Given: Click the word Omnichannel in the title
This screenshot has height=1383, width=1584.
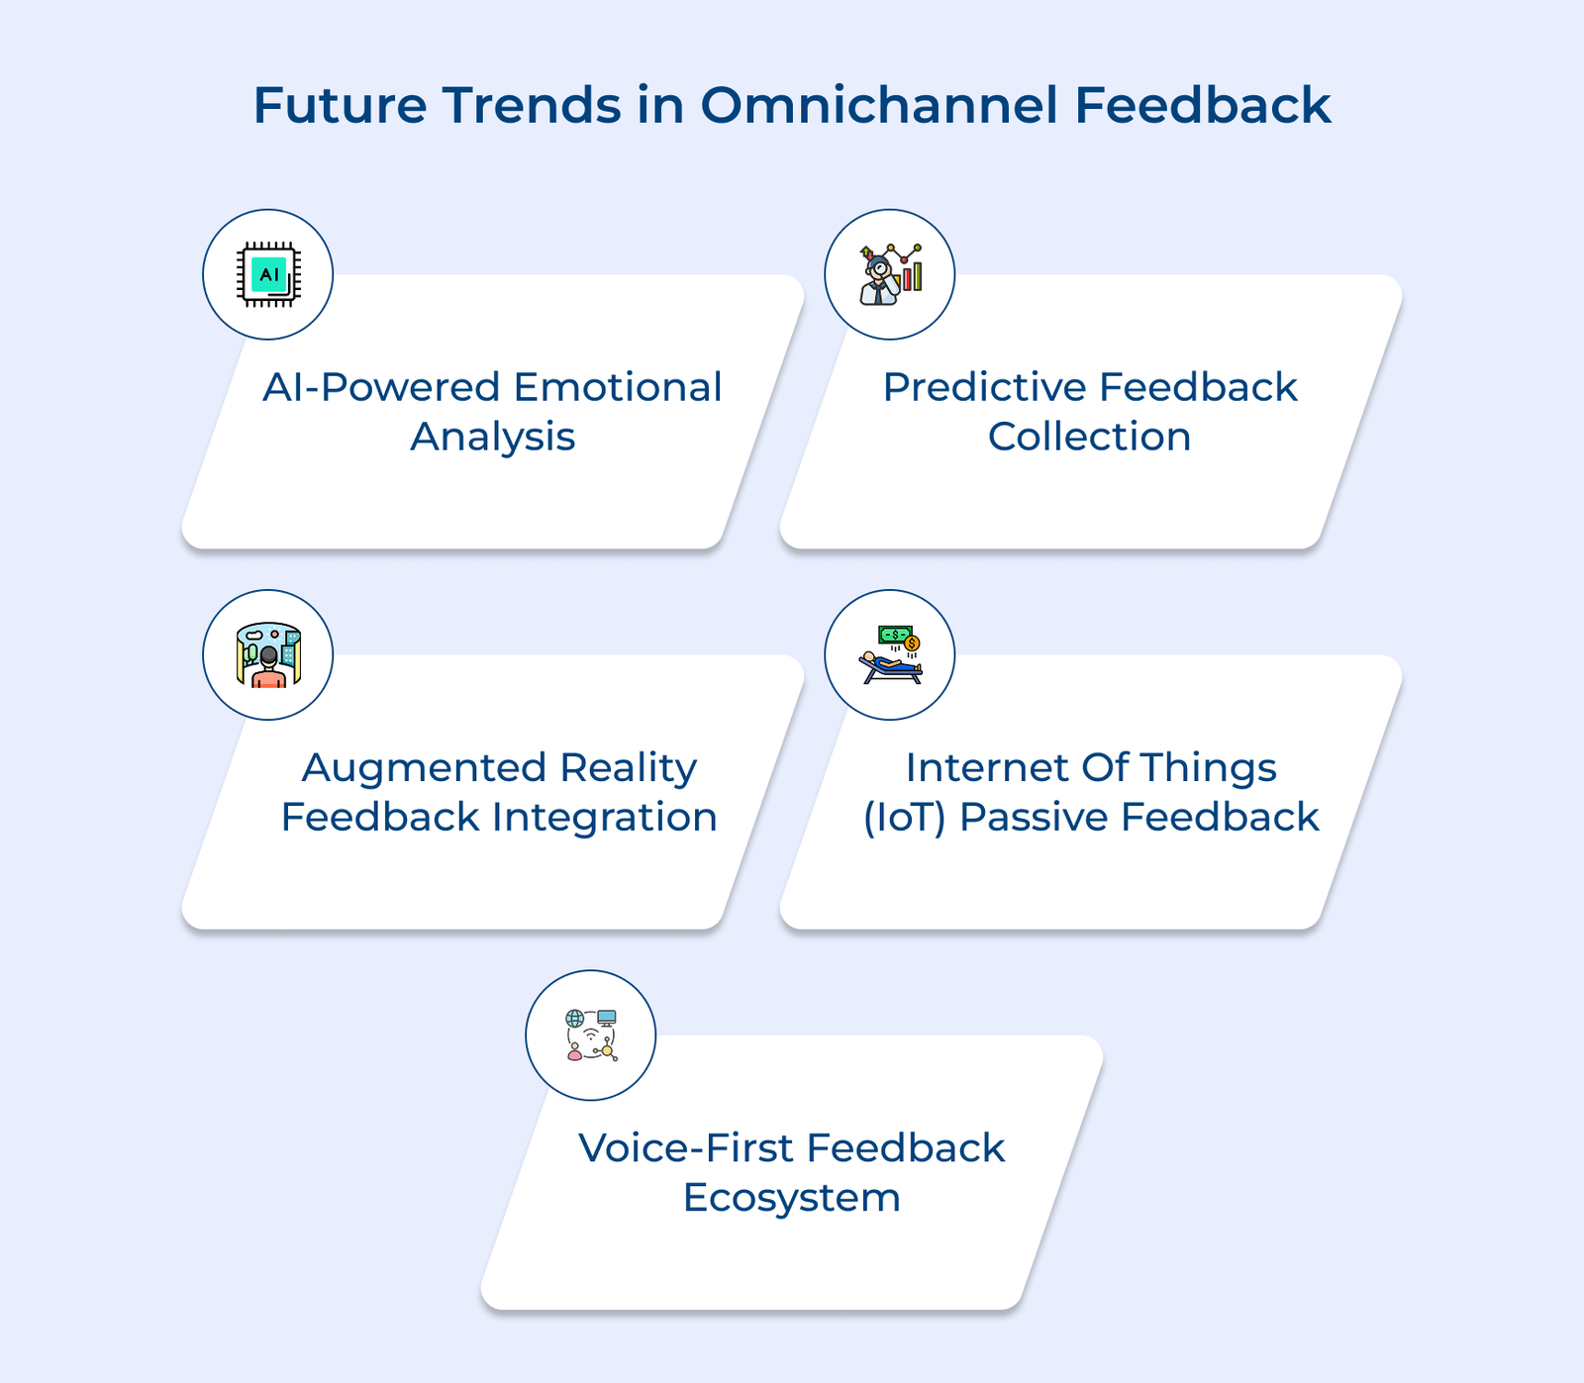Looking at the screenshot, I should (x=879, y=105).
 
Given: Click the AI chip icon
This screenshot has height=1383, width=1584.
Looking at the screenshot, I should (x=268, y=274).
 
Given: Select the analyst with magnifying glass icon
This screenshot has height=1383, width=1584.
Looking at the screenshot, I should (x=889, y=274).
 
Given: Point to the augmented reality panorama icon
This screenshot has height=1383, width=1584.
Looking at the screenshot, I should (x=268, y=654).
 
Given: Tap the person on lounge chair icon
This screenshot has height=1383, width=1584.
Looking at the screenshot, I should (x=889, y=654).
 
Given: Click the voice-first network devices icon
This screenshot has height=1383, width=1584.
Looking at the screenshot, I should (x=591, y=1035).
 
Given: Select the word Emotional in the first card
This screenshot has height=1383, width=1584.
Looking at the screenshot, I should (x=617, y=387).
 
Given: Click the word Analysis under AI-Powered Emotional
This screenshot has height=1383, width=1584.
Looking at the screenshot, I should (x=492, y=437).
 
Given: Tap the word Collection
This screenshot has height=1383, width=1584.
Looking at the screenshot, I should (x=1089, y=437).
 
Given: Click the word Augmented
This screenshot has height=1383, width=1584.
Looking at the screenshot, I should (x=424, y=767).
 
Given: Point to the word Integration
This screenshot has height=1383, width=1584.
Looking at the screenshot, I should (x=604, y=818).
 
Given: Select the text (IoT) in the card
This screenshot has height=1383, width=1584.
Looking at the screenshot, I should (x=902, y=818).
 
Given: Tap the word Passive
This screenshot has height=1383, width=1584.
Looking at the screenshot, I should (x=1034, y=818).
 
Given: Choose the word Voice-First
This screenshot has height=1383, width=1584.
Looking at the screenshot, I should (x=685, y=1148).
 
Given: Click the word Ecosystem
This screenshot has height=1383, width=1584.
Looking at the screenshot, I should (x=791, y=1198).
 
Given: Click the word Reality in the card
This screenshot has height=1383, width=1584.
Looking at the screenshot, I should (x=628, y=767).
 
